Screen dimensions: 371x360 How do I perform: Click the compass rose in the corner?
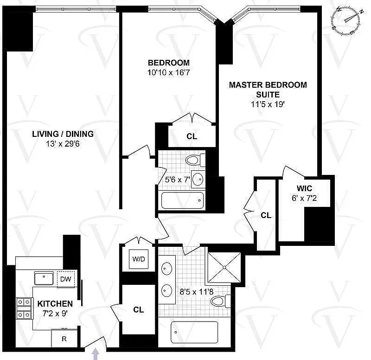346,21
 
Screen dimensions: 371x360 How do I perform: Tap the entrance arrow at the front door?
96,354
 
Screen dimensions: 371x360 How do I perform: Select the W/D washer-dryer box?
139,259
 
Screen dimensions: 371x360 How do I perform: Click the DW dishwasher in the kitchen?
66,279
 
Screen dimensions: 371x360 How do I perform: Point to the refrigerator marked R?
64,339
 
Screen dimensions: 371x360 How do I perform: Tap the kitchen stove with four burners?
24,308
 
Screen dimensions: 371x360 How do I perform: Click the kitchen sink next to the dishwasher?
44,278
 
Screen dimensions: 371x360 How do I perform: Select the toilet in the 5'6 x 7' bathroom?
195,160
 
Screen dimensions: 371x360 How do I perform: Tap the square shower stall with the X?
224,268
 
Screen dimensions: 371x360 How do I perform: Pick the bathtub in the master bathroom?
194,332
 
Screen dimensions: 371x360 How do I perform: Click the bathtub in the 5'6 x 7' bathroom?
182,200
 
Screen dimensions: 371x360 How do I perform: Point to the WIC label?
304,188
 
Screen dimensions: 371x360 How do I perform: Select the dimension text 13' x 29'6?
63,144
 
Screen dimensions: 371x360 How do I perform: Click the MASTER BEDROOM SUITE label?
268,90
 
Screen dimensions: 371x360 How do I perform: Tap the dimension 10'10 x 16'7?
169,72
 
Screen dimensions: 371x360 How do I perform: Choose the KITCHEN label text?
55,304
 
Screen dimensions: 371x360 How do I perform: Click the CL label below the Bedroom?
192,136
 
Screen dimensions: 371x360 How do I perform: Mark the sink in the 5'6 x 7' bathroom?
198,179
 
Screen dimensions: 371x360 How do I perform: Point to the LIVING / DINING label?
63,134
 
